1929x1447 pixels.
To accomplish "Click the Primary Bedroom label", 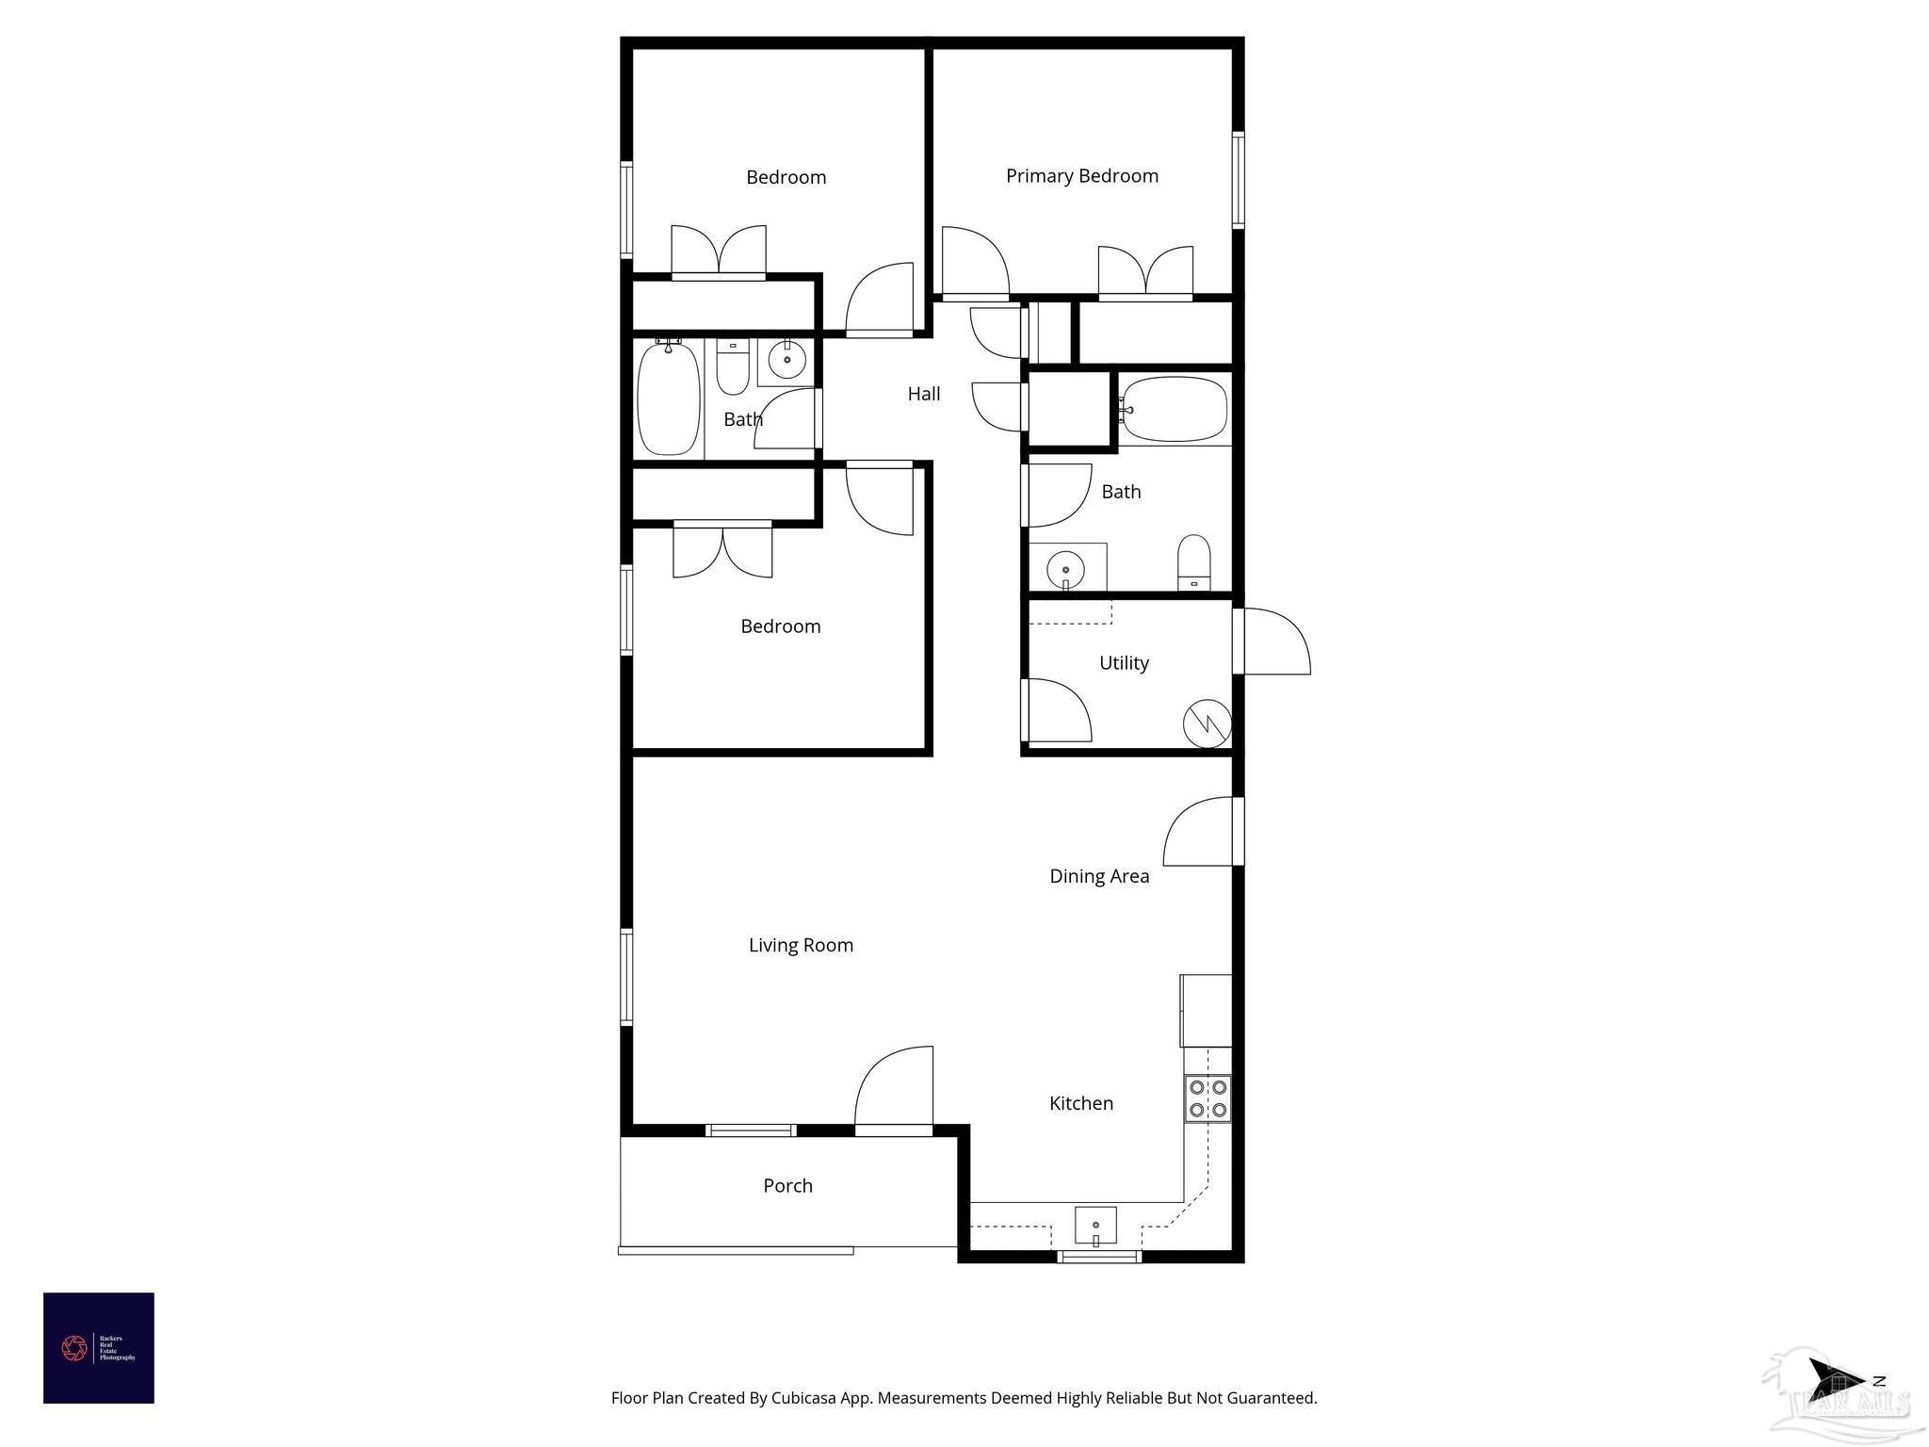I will [1081, 176].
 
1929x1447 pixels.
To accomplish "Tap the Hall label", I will [923, 394].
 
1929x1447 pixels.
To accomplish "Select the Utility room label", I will [1124, 663].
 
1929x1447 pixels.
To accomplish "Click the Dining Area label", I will [1099, 876].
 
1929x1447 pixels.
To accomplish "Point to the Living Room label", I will [801, 945].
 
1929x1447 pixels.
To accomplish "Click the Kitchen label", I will [1080, 1103].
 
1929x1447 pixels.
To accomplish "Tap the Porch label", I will [787, 1186].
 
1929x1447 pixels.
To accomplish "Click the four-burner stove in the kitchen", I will [1208, 1098].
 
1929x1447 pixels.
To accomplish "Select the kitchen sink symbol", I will [1095, 1226].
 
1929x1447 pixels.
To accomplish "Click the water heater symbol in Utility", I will [1207, 723].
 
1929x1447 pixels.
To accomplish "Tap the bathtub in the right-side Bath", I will [1174, 409].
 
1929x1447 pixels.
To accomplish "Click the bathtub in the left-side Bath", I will [669, 398].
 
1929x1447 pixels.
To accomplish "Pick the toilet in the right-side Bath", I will [1193, 561].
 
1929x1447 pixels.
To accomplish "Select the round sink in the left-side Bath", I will [786, 359].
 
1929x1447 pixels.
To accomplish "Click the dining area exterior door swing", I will [1199, 832].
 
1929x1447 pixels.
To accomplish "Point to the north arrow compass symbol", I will [1838, 1380].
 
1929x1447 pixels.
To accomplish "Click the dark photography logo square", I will [99, 1348].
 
